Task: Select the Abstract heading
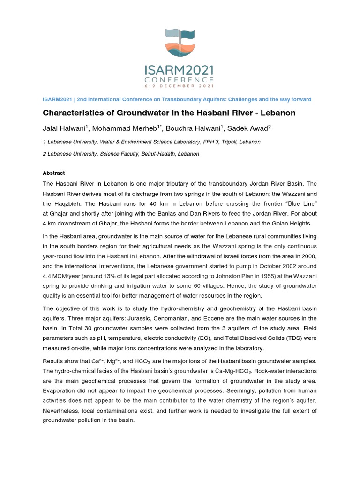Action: [54, 173]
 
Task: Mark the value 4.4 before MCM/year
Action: [48, 276]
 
